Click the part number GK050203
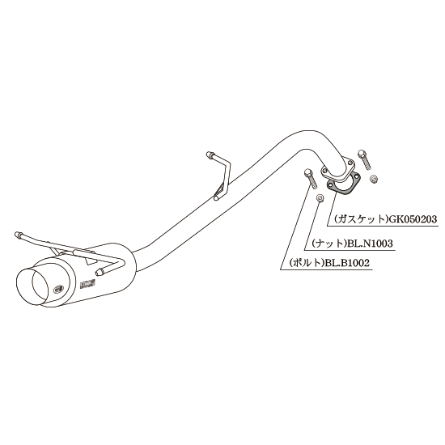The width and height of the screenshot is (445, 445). coord(412,219)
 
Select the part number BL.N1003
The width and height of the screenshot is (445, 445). coord(370,244)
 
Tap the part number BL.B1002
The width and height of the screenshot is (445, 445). coord(347,263)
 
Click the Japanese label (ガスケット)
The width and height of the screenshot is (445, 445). coord(360,219)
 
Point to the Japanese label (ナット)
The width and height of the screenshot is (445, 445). coord(329,244)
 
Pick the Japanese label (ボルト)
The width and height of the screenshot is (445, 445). coord(307,263)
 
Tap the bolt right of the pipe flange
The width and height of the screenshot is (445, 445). coord(364,159)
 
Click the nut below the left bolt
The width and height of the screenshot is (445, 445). coord(320,197)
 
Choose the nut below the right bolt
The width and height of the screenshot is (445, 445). coord(375,179)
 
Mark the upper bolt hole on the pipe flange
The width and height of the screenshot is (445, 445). coord(350,163)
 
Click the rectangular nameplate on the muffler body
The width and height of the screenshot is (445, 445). coord(87,283)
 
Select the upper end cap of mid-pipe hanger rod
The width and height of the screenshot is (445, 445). coord(209,155)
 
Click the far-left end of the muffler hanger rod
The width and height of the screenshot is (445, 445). coord(17,235)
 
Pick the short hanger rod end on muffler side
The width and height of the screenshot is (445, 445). coord(100,272)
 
